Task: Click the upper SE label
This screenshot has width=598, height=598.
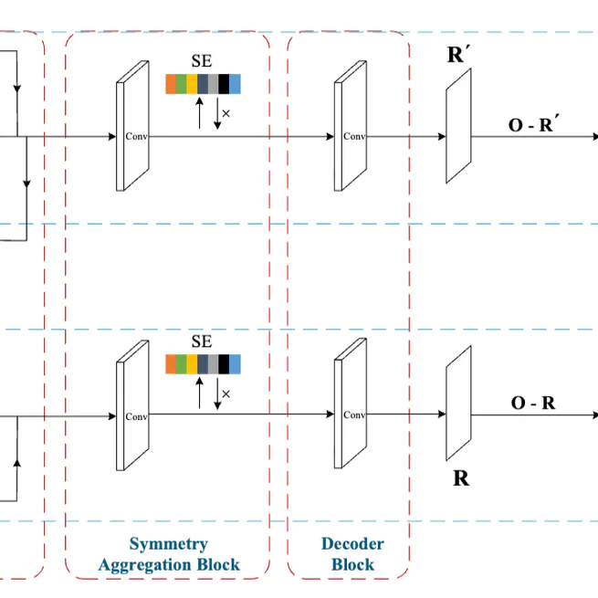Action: [202, 62]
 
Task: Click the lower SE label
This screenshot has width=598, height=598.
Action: [202, 342]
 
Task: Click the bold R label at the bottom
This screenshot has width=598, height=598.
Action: [461, 477]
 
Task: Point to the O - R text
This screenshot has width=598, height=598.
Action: [531, 403]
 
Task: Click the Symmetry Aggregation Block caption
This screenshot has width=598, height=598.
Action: [169, 554]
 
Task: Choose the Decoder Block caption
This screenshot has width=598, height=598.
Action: [352, 554]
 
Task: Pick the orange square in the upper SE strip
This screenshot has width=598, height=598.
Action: [171, 85]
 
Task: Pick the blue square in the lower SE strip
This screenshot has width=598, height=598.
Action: [235, 364]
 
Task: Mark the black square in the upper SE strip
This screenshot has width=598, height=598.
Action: [224, 85]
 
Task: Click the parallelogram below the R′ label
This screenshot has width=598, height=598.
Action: [457, 129]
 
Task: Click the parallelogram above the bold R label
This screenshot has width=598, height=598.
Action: [457, 406]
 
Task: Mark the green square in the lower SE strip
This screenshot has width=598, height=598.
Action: [182, 364]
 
